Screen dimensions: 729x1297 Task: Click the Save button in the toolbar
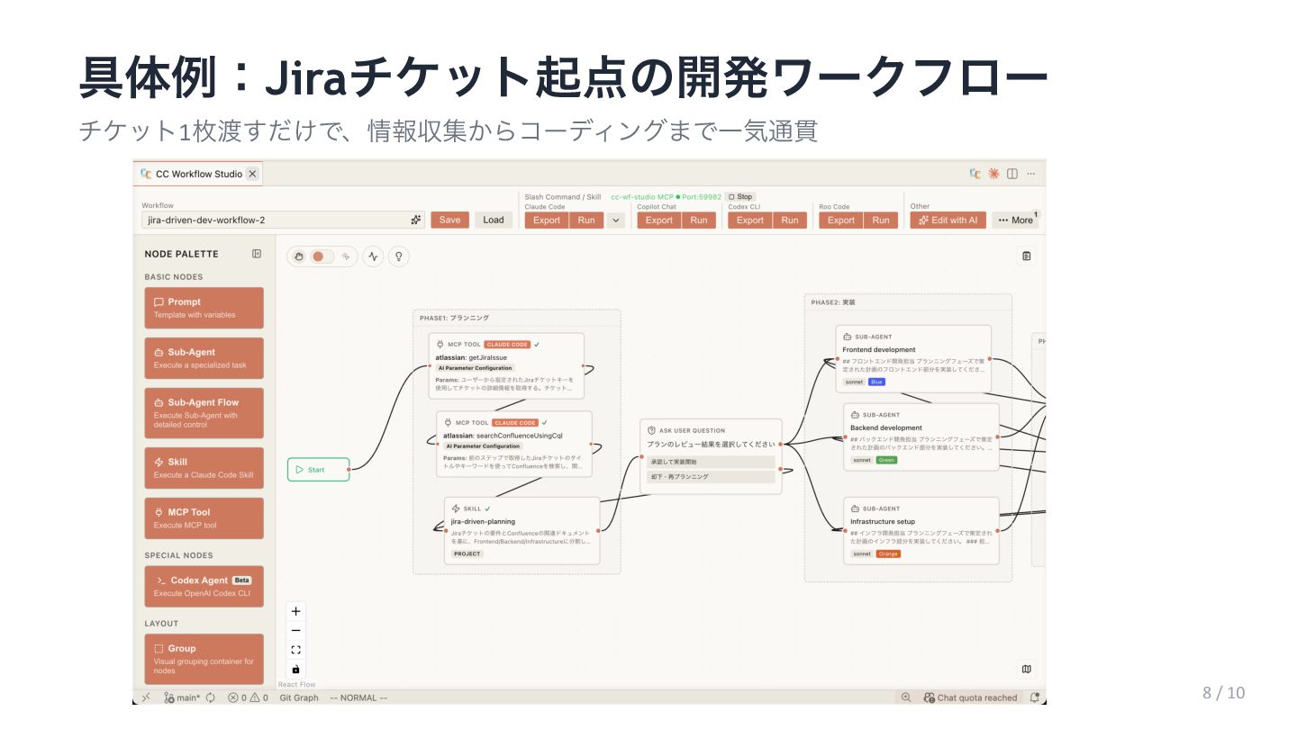pyautogui.click(x=449, y=220)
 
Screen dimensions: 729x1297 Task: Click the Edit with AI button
pyautogui.click(x=948, y=220)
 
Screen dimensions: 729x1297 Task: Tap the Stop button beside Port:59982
pyautogui.click(x=740, y=196)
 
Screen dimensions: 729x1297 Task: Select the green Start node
pyautogui.click(x=318, y=469)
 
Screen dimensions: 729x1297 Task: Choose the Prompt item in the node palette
pyautogui.click(x=204, y=308)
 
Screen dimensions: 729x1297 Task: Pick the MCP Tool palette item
pyautogui.click(x=204, y=517)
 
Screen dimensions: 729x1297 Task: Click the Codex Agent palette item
pyautogui.click(x=204, y=586)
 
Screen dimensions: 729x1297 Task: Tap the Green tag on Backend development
pyautogui.click(x=887, y=460)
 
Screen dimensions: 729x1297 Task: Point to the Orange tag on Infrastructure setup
pyautogui.click(x=888, y=553)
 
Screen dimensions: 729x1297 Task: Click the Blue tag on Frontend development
pyautogui.click(x=876, y=382)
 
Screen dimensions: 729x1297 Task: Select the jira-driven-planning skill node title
pyautogui.click(x=483, y=521)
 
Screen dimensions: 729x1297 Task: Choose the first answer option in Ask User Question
pyautogui.click(x=711, y=462)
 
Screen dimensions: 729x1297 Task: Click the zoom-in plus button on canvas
pyautogui.click(x=296, y=610)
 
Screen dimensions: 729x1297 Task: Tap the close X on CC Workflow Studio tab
pyautogui.click(x=252, y=174)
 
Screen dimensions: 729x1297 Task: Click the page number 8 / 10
pyautogui.click(x=1223, y=692)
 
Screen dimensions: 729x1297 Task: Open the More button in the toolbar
pyautogui.click(x=1015, y=220)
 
